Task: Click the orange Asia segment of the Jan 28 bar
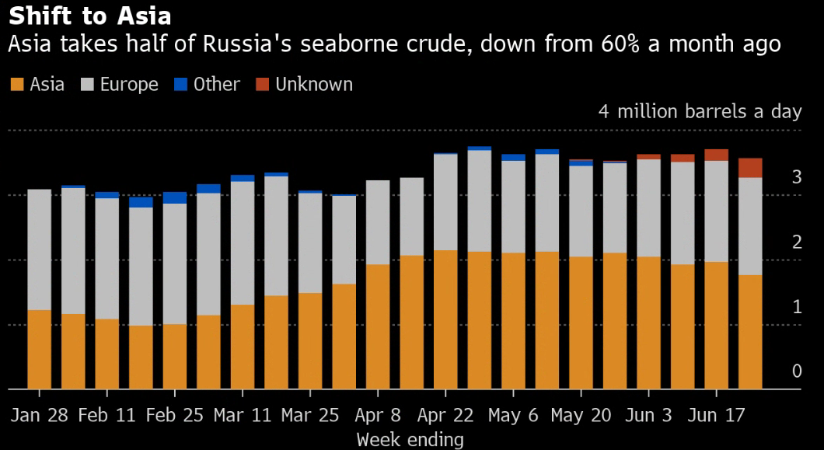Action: click(40, 350)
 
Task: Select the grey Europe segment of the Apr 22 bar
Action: click(446, 202)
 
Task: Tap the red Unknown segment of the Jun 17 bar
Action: click(717, 155)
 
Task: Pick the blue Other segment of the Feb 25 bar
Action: click(175, 197)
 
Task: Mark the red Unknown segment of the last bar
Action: click(750, 168)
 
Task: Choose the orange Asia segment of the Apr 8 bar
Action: click(378, 326)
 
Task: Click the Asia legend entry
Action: click(38, 84)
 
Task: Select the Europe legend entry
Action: click(120, 84)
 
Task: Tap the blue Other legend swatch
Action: click(180, 84)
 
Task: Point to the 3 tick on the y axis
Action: click(796, 177)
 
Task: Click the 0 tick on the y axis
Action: click(796, 371)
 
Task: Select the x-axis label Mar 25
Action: click(310, 415)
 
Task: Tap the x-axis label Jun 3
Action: click(648, 415)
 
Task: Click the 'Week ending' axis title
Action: click(410, 439)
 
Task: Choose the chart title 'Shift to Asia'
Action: click(89, 16)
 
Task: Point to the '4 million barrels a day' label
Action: click(700, 111)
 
